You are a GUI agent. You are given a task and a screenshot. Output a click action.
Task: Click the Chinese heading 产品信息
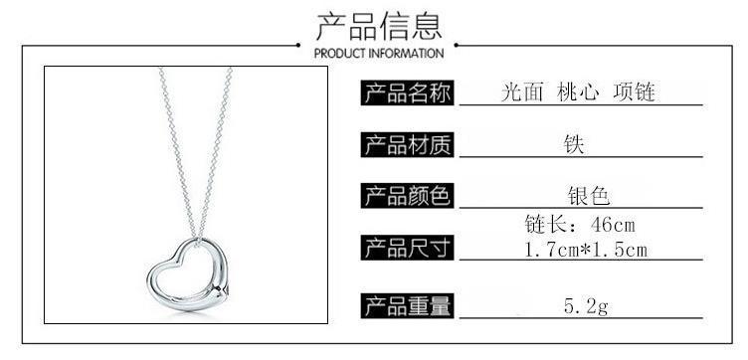coord(379,26)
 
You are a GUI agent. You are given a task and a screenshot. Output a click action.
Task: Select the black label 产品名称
coord(407,92)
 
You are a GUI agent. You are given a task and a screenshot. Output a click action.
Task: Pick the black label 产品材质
coord(407,144)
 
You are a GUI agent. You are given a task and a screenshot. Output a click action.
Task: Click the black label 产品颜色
coord(407,196)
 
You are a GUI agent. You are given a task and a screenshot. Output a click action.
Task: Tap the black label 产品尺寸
coord(407,248)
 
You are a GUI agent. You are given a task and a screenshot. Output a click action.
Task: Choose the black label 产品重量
coord(407,306)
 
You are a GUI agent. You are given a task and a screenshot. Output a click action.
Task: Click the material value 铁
coord(573,144)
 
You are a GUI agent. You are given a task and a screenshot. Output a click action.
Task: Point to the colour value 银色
coord(589,196)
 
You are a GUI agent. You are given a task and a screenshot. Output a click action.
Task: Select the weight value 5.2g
coord(586,306)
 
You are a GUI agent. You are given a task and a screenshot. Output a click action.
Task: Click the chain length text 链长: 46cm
coord(580,224)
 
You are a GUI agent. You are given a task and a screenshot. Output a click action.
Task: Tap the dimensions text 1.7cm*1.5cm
coord(586,250)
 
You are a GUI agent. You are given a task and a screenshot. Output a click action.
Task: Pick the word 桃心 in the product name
coord(578,92)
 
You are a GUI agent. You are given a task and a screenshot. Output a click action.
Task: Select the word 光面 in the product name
coord(522,92)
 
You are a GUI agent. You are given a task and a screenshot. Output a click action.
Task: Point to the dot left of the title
coord(298,46)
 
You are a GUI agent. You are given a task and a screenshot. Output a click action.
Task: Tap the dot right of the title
coord(456,46)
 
